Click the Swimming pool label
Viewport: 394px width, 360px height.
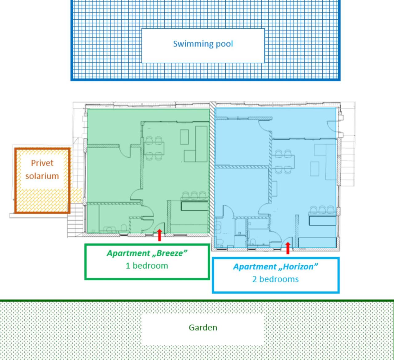pos(203,44)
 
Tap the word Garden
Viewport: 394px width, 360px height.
pos(203,328)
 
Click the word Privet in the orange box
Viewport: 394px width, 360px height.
pos(42,163)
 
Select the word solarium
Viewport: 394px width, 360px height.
pos(42,176)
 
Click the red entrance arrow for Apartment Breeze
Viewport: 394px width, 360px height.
pos(159,235)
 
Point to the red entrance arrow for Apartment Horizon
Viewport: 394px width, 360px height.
pos(288,248)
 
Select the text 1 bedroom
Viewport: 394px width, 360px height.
pos(147,266)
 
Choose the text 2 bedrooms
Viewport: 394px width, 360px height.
pos(275,279)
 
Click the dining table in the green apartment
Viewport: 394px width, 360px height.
pos(154,148)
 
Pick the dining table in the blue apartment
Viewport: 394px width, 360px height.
pos(283,162)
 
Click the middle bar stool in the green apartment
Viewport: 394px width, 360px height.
pos(194,196)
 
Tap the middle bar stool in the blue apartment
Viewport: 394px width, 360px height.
pos(322,210)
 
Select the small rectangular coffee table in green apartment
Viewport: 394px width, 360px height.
pos(184,137)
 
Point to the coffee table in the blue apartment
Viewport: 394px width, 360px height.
pos(315,169)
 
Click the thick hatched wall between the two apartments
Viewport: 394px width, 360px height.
pos(212,169)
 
